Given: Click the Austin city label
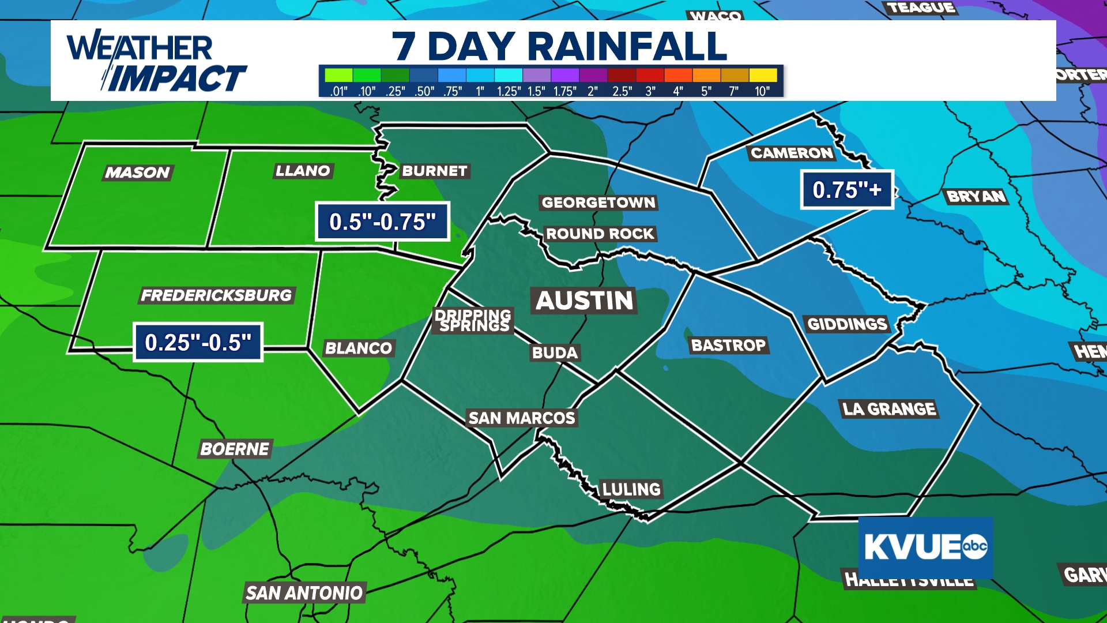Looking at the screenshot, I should (584, 301).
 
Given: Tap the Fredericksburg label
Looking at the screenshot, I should (217, 295).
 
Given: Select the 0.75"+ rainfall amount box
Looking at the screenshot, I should (846, 190).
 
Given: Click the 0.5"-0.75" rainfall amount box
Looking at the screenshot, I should (382, 222).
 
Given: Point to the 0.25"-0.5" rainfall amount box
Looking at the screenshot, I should (198, 342).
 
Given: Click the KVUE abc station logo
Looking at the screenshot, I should (925, 547).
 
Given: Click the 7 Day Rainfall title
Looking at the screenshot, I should (559, 46).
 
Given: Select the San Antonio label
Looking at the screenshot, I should (304, 592).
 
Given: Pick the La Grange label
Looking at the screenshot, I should (888, 409).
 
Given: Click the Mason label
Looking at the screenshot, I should (138, 172).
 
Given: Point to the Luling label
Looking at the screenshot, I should (631, 489).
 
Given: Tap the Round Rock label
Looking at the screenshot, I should (600, 234).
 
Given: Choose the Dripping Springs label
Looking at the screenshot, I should (473, 320).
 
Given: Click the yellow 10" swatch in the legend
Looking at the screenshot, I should (763, 75).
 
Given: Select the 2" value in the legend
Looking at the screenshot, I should (593, 91).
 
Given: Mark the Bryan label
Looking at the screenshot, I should (976, 197).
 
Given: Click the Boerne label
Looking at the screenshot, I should (235, 449).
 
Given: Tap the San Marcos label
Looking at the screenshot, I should (522, 418).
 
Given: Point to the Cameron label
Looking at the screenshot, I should (792, 153).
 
